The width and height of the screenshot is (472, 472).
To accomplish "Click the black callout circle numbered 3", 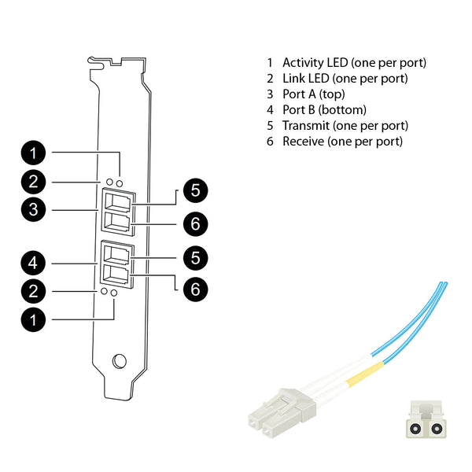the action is pos(33,209).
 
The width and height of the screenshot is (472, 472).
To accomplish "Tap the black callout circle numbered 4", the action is pos(33,263).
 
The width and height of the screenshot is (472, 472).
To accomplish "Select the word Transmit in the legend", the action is pos(306,126).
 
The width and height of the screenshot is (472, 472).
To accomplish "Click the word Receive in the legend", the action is pos(303,141).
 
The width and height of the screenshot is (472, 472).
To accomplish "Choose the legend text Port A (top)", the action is pos(314,94).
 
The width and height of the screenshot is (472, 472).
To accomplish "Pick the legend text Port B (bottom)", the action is pos(324,110).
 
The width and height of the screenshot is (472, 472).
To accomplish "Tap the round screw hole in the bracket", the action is pos(120,361).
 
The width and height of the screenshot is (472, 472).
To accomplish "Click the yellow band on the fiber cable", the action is pos(365,374).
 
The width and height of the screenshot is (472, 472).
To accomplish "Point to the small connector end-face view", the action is pos(426,419).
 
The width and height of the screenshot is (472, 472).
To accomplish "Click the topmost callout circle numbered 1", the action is pos(33,153).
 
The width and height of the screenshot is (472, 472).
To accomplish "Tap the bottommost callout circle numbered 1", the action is pos(33,319).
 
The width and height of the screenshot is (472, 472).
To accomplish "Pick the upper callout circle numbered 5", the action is pos(195,190).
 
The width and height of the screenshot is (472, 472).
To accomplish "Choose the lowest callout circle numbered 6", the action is pos(195,289).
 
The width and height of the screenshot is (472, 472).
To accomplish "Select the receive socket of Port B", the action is pos(116,274).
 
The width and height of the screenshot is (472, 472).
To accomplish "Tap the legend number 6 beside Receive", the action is pos(270,141).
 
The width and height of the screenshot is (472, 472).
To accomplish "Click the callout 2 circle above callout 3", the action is pos(33,182).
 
